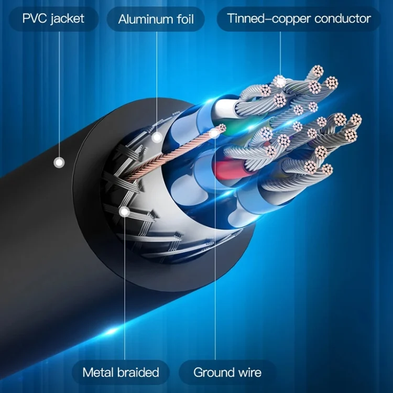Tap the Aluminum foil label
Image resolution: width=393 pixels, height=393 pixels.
[156, 19]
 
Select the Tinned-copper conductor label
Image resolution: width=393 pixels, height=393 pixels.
[299, 19]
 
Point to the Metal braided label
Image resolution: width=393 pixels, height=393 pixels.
[121, 373]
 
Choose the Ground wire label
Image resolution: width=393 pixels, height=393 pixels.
[227, 373]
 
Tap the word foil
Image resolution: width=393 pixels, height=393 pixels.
[183, 19]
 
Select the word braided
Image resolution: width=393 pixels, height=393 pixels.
[138, 373]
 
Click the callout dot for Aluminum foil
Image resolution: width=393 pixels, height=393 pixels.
[157, 138]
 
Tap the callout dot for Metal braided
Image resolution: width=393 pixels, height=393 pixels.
[125, 212]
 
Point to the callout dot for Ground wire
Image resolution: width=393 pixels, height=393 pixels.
[214, 134]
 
